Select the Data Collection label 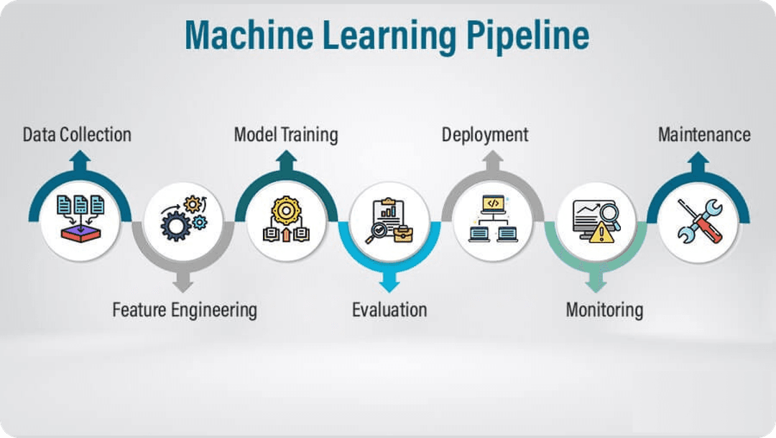tap(77, 134)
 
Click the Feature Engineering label tap(185, 310)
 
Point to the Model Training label tap(286, 134)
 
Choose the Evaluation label tap(389, 310)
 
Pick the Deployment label tap(485, 134)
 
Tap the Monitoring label tap(604, 310)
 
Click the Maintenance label tap(704, 134)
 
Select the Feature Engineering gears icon tap(184, 218)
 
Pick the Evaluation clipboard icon tap(389, 221)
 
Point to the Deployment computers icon tap(492, 219)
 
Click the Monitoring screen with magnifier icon tap(596, 221)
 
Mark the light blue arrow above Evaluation tap(389, 282)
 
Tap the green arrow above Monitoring tap(596, 282)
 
